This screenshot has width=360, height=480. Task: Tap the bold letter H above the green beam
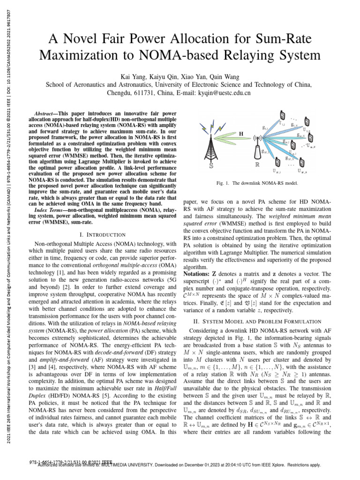[241, 134]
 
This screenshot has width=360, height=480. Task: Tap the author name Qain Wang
[222, 76]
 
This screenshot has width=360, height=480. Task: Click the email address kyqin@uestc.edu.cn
[225, 93]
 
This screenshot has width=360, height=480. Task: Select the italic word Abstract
[46, 114]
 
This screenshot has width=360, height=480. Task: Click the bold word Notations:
[200, 274]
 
